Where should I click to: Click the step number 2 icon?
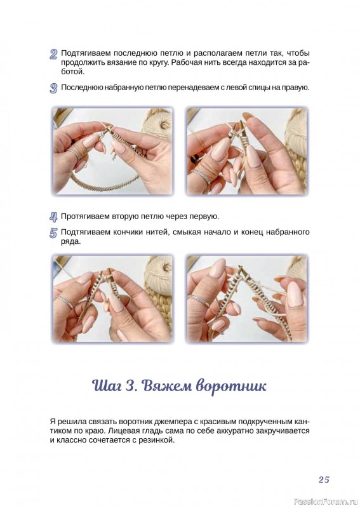(53, 54)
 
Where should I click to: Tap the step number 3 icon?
(53, 88)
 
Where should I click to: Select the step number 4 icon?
(53, 217)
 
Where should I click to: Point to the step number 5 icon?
(53, 233)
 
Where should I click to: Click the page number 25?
(323, 479)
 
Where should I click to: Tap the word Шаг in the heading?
(105, 387)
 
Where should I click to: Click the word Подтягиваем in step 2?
(85, 53)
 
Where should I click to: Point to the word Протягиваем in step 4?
(85, 217)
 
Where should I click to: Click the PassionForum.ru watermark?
(326, 502)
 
